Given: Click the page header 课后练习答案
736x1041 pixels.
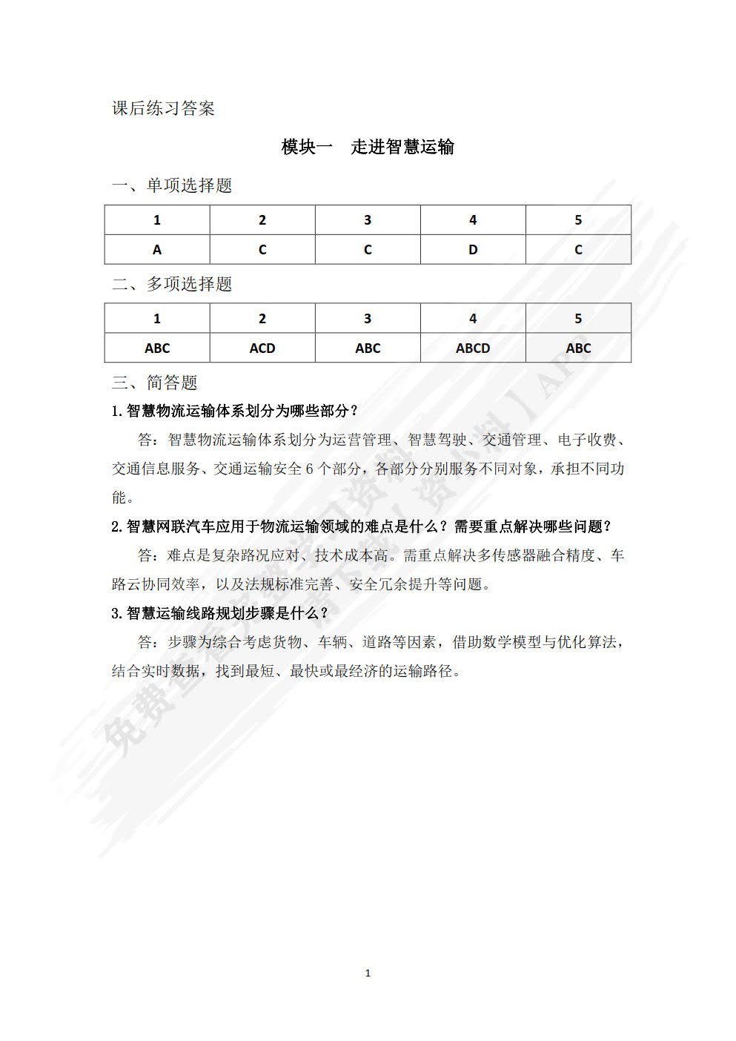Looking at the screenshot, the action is point(163,108).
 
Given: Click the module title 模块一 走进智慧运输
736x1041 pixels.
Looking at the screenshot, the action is point(368,147).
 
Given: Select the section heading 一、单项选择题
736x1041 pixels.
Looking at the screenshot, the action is point(172,185).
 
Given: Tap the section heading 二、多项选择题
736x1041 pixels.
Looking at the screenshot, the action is point(172,284).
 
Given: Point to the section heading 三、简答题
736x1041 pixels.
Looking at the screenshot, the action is point(155,383).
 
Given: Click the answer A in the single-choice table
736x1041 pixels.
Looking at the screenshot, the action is point(157,250).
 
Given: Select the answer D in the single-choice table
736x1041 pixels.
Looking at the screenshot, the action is point(473,250).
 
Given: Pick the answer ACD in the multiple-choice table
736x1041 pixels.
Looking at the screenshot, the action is point(262,348).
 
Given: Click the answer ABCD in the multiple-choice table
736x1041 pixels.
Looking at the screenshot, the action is point(473,348).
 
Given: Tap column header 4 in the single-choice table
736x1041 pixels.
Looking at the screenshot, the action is point(473,220).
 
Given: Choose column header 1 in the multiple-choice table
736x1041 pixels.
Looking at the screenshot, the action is point(157,319).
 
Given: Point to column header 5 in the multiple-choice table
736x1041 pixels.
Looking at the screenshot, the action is point(578,319).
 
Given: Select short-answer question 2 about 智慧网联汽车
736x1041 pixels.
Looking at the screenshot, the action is point(362,526).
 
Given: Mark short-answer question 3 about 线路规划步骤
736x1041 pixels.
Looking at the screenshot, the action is point(220,613).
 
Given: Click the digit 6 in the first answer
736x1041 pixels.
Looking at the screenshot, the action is point(310,469).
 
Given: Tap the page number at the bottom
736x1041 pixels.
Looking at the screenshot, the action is point(368,973).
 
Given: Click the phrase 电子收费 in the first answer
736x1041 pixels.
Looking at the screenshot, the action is point(587,440).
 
